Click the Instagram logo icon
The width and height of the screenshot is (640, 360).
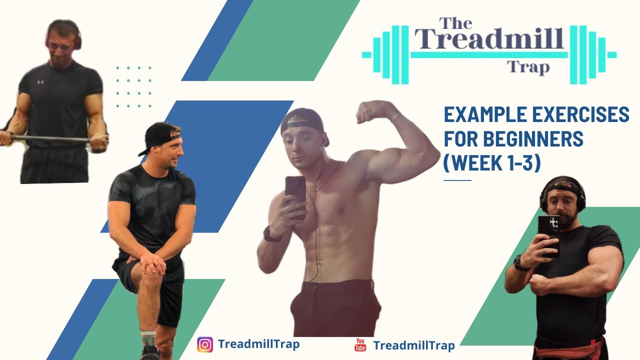(205, 344)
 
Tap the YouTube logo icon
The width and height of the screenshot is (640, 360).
(360, 344)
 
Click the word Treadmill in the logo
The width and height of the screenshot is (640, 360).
(489, 39)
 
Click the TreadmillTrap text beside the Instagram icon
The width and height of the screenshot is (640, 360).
(258, 344)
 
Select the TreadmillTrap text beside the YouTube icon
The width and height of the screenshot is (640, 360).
(414, 345)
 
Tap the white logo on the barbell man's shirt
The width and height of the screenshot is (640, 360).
(40, 81)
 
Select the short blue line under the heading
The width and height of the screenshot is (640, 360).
(457, 180)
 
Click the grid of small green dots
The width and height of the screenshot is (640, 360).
(133, 86)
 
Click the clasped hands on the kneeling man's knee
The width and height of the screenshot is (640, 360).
(150, 260)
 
